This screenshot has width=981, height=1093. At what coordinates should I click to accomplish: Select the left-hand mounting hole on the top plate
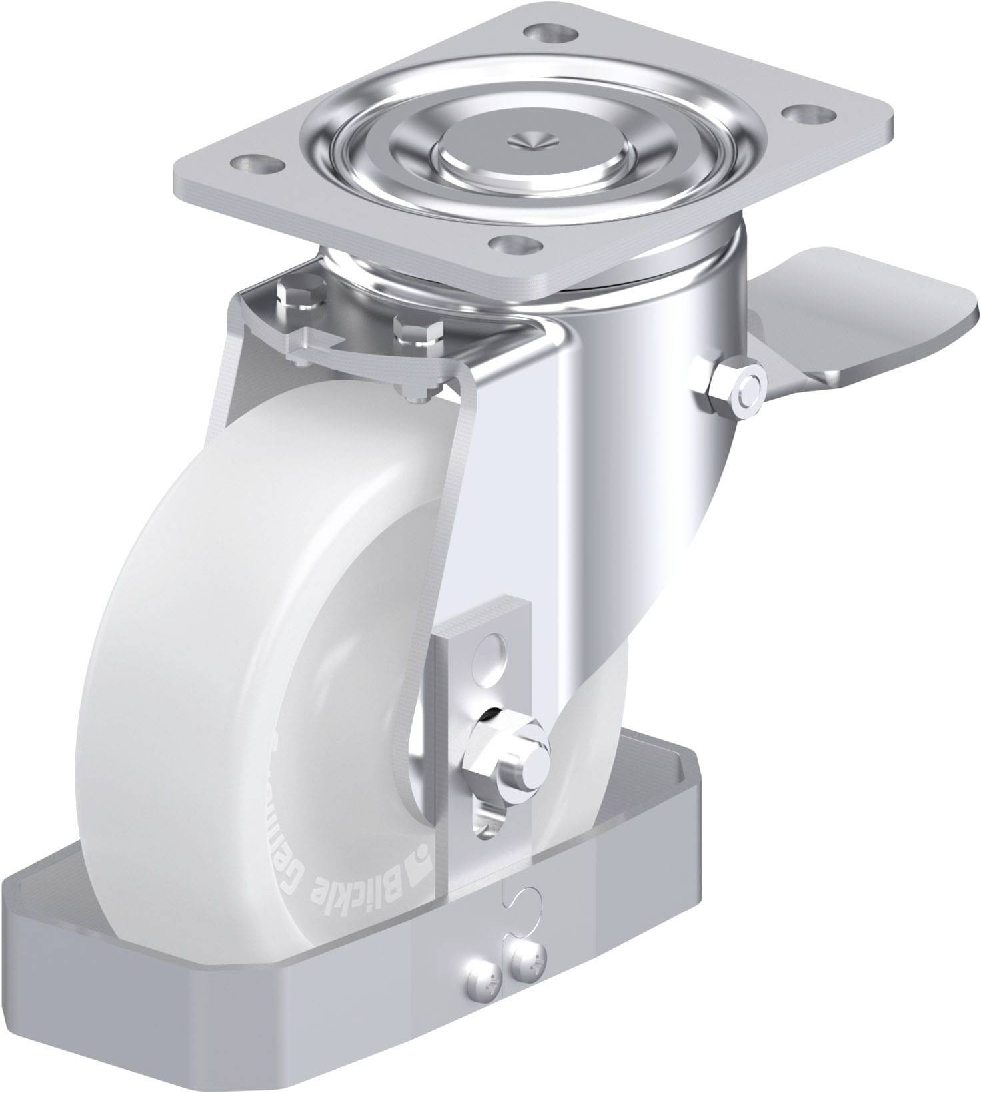255,162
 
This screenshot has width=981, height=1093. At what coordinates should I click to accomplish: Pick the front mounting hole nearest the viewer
511,243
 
